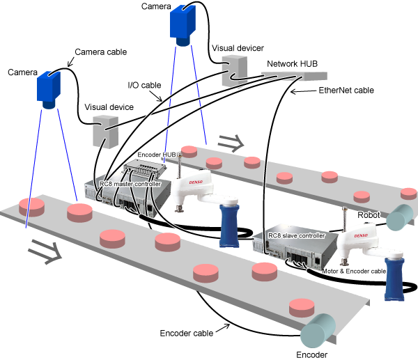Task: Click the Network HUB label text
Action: (293, 63)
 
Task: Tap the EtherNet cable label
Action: (346, 91)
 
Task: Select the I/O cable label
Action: (144, 85)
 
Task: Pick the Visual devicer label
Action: (237, 48)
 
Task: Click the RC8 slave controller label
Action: (297, 236)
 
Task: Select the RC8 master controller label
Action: (130, 184)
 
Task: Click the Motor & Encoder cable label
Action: (354, 271)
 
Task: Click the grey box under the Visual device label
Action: (107, 132)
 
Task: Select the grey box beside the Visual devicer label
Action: (235, 70)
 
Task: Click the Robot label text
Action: (369, 215)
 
